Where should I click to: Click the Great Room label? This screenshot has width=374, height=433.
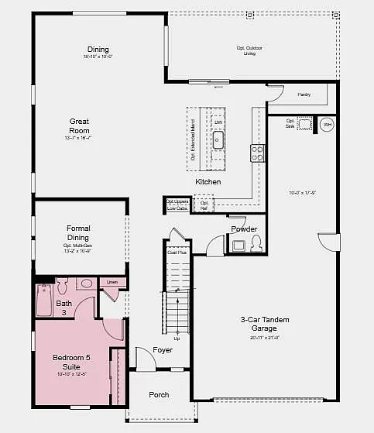coord(80,125)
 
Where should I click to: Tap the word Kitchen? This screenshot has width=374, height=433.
coord(208,181)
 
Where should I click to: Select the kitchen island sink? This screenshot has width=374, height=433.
coord(218,140)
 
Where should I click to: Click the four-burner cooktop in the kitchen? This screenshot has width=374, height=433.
coord(256,153)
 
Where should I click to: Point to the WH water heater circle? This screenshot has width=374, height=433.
coord(326,125)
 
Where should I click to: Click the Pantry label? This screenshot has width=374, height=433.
coord(304,95)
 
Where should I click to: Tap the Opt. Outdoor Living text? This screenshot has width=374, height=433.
coord(249,50)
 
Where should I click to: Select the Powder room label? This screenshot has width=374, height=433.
coord(244,229)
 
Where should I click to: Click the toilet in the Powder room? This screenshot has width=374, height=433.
coord(256,244)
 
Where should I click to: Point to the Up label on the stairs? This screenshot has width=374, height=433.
coord(177,338)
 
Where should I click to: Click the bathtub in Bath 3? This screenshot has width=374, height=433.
coord(43,301)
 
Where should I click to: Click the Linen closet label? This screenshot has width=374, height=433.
coord(112,283)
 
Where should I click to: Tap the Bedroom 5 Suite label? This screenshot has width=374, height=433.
coord(71,362)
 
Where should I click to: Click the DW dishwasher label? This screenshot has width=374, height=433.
coord(218,123)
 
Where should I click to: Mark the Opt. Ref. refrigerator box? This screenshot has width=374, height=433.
coord(204,205)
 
